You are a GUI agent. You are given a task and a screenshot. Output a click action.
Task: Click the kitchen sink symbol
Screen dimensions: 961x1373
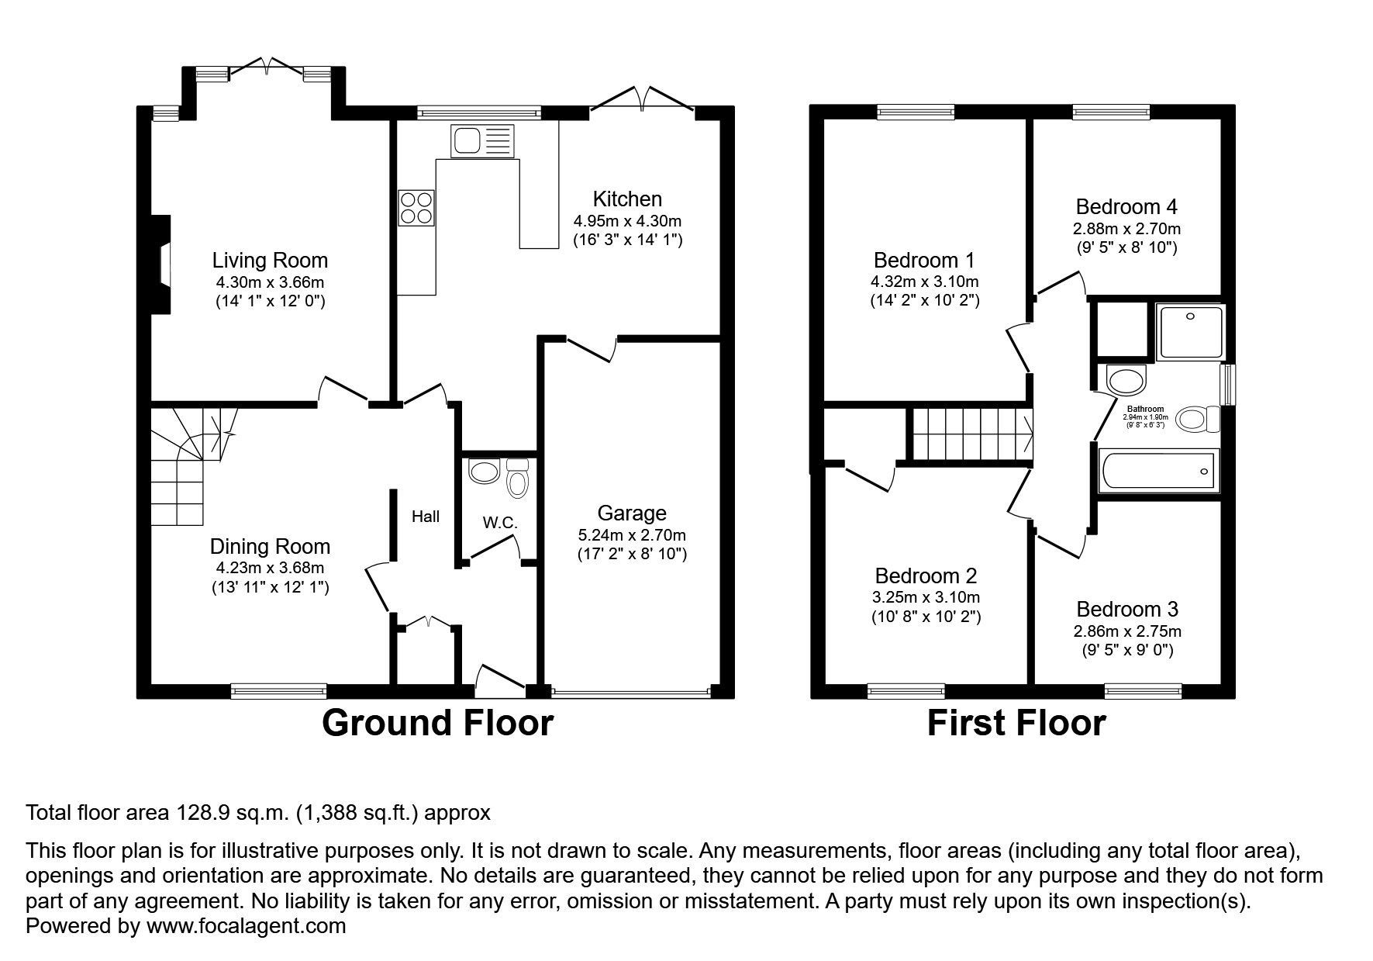(481, 141)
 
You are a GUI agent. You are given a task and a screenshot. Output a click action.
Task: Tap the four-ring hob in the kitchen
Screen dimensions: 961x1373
(416, 207)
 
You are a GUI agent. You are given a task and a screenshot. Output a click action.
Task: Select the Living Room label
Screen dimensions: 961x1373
(270, 260)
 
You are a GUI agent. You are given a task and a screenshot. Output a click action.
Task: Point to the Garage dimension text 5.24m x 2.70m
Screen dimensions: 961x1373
(632, 535)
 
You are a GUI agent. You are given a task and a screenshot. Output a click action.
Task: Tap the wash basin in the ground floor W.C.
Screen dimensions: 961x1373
(485, 472)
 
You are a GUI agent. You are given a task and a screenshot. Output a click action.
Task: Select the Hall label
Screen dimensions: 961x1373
(425, 517)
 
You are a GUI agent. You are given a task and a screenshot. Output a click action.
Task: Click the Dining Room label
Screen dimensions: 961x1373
(270, 546)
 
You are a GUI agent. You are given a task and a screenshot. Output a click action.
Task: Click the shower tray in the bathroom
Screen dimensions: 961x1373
(1189, 332)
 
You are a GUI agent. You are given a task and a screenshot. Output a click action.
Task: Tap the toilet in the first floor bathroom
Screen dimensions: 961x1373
(1197, 420)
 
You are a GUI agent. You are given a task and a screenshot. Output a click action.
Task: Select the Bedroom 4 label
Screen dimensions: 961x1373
(1126, 207)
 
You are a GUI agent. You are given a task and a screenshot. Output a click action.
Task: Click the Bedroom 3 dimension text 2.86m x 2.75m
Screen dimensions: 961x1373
(1127, 631)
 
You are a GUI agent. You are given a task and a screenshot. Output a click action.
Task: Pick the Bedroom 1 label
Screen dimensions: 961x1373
(924, 260)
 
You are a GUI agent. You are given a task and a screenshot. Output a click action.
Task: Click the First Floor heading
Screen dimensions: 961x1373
(1016, 723)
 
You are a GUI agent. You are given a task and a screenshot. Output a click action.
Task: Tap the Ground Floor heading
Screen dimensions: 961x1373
(437, 723)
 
